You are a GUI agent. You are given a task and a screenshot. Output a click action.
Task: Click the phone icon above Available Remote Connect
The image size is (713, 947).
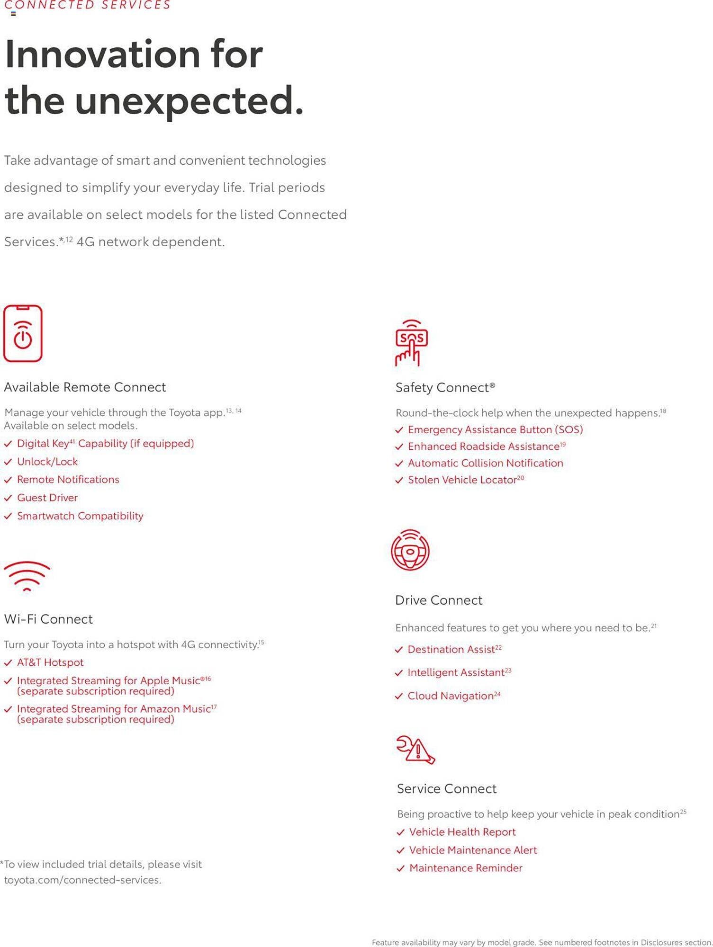click(x=23, y=333)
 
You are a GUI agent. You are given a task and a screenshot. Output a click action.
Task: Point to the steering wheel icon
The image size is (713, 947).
click(x=410, y=550)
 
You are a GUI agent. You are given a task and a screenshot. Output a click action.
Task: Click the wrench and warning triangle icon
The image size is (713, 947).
click(x=415, y=750)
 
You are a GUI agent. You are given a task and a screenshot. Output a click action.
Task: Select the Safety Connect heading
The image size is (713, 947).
click(x=445, y=387)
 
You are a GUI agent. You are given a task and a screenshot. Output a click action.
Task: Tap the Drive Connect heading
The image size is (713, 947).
click(x=438, y=600)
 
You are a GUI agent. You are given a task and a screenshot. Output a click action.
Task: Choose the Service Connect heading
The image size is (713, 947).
click(x=446, y=788)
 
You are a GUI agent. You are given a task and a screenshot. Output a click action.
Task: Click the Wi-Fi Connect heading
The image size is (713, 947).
click(x=48, y=619)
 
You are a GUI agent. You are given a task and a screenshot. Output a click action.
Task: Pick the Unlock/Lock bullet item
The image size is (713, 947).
click(x=47, y=462)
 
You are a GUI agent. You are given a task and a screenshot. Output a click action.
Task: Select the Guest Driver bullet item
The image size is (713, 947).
click(x=47, y=498)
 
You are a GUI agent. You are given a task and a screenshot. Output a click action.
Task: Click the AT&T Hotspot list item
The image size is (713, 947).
click(x=50, y=662)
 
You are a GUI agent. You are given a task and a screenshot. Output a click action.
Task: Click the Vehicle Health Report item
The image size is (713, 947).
click(x=462, y=832)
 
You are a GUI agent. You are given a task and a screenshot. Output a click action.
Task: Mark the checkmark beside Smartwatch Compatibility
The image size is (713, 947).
click(x=8, y=516)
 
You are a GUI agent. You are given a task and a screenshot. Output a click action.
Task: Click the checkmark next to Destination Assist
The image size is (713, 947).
click(x=399, y=650)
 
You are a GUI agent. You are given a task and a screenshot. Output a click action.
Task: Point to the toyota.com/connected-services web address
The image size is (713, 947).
click(x=83, y=880)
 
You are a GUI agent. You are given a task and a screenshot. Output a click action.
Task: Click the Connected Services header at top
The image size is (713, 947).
click(x=87, y=5)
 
